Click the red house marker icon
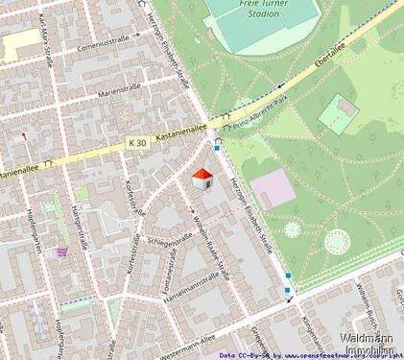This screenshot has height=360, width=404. (x=202, y=179)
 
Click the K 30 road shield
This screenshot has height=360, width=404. (x=136, y=142)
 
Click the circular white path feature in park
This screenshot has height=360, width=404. (x=336, y=241)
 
